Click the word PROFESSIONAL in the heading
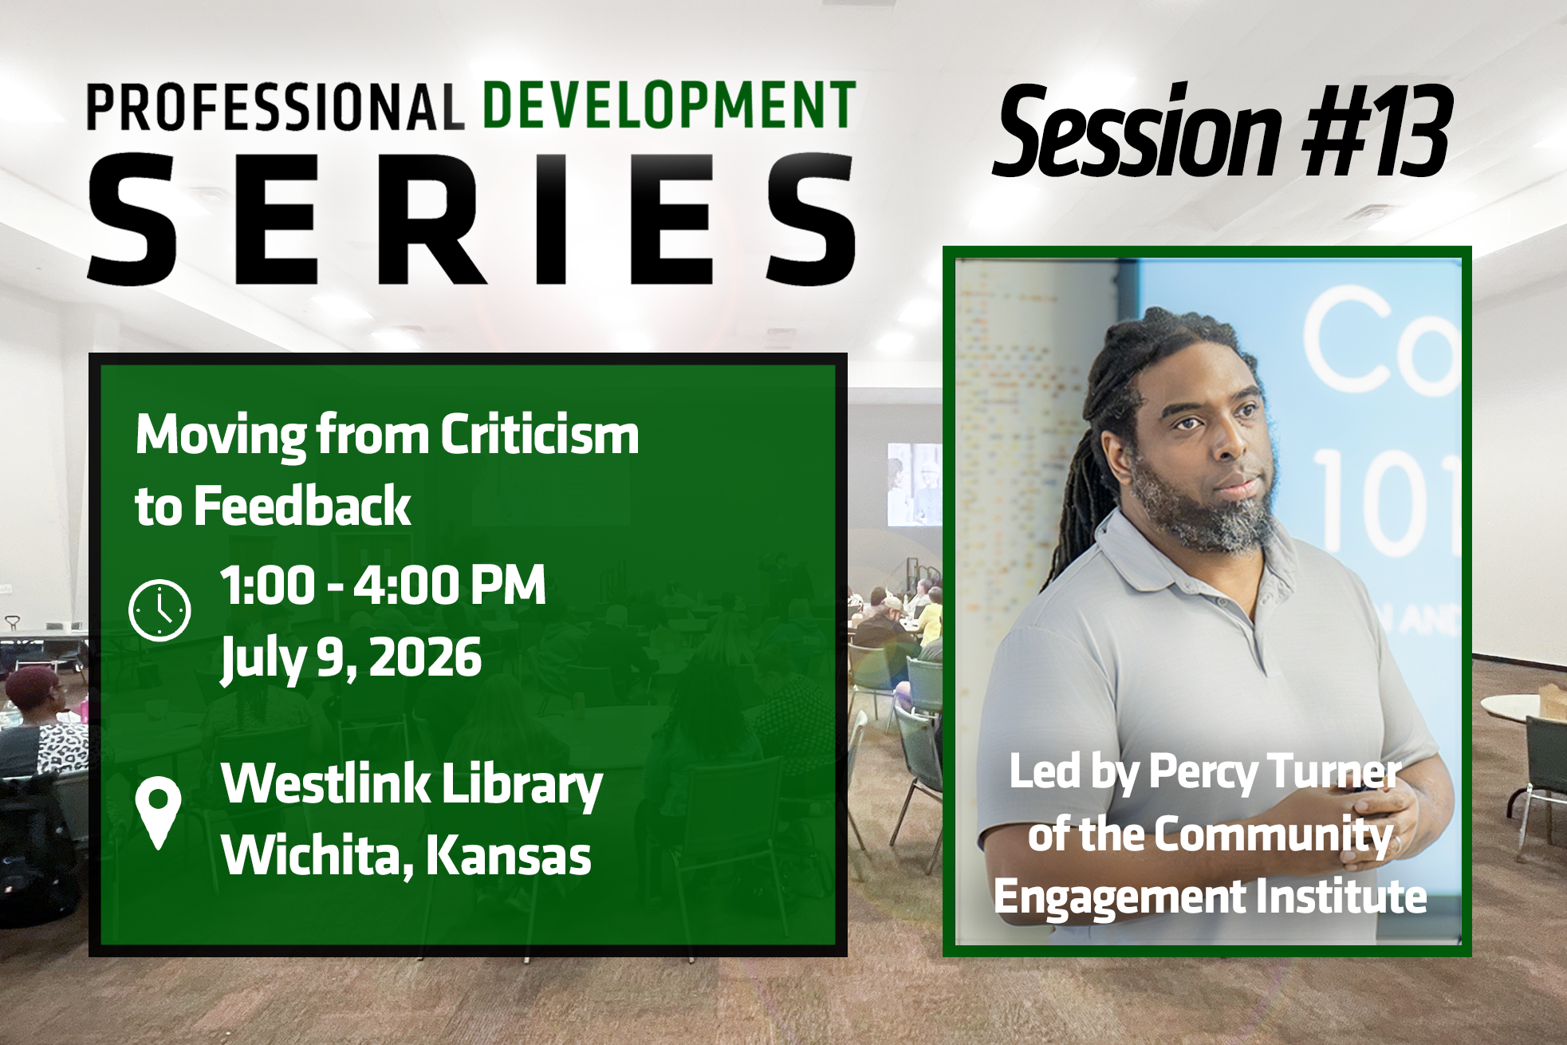[x=275, y=107]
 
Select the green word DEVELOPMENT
[x=670, y=104]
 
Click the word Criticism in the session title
[x=539, y=435]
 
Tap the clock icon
[x=159, y=610]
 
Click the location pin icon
[x=158, y=812]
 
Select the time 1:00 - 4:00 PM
[x=383, y=585]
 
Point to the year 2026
[x=425, y=657]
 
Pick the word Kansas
[x=508, y=855]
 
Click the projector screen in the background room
[x=914, y=484]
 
